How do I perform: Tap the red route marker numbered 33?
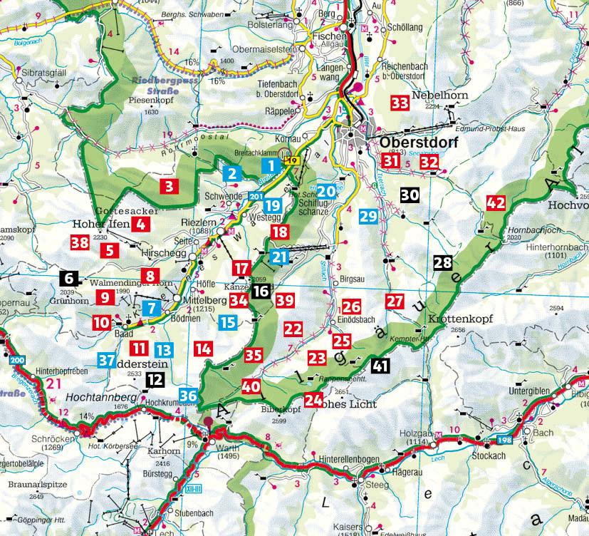click(400, 103)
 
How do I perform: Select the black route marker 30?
click(410, 194)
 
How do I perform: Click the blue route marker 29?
click(368, 217)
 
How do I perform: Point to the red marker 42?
click(496, 202)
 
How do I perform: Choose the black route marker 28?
click(442, 262)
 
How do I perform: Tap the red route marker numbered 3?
click(168, 187)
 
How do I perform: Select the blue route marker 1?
click(268, 166)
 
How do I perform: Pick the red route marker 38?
click(80, 242)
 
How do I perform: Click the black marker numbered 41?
click(380, 366)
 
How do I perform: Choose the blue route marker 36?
click(189, 396)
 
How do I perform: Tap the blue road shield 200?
click(17, 361)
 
